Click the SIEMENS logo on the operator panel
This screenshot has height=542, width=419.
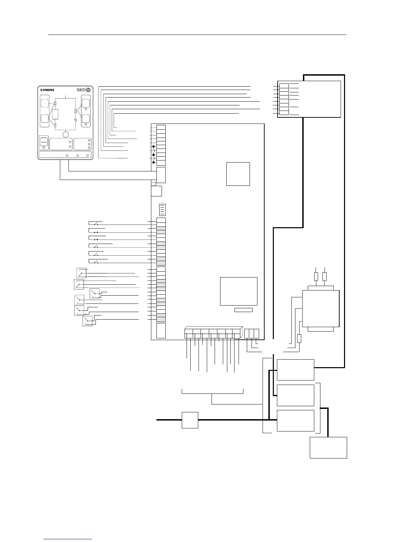pos(47,90)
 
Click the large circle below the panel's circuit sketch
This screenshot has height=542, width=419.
pos(66,135)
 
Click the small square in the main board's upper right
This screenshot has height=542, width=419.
pos(238,174)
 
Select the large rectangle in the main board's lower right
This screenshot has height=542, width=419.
pos(239,291)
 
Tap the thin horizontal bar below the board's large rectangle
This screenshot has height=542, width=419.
pos(243,310)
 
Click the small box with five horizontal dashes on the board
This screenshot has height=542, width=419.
pos(163,209)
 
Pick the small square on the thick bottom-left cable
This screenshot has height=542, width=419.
pos(190,420)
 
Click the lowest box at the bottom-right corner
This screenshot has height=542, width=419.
pos(328,447)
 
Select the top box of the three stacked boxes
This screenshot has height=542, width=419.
pos(295,370)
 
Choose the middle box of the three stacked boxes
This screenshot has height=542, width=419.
pos(295,395)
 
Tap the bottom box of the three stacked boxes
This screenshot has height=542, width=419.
pos(295,421)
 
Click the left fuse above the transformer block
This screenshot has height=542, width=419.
pos(316,276)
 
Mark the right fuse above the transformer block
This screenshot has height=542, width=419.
pos(325,276)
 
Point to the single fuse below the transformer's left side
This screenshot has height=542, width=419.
pos(299,338)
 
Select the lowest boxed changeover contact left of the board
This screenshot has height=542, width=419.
pos(88,321)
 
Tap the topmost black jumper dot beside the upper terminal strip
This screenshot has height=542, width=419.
pos(154,147)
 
